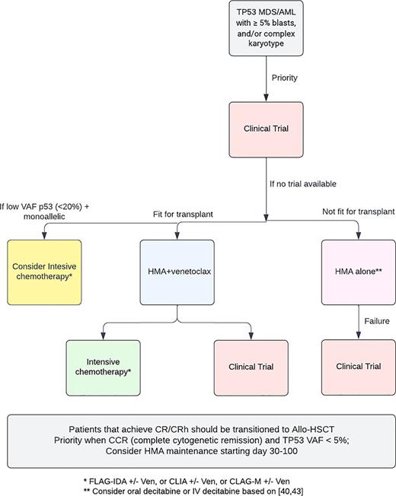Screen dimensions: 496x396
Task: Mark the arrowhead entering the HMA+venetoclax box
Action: pyautogui.click(x=177, y=235)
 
